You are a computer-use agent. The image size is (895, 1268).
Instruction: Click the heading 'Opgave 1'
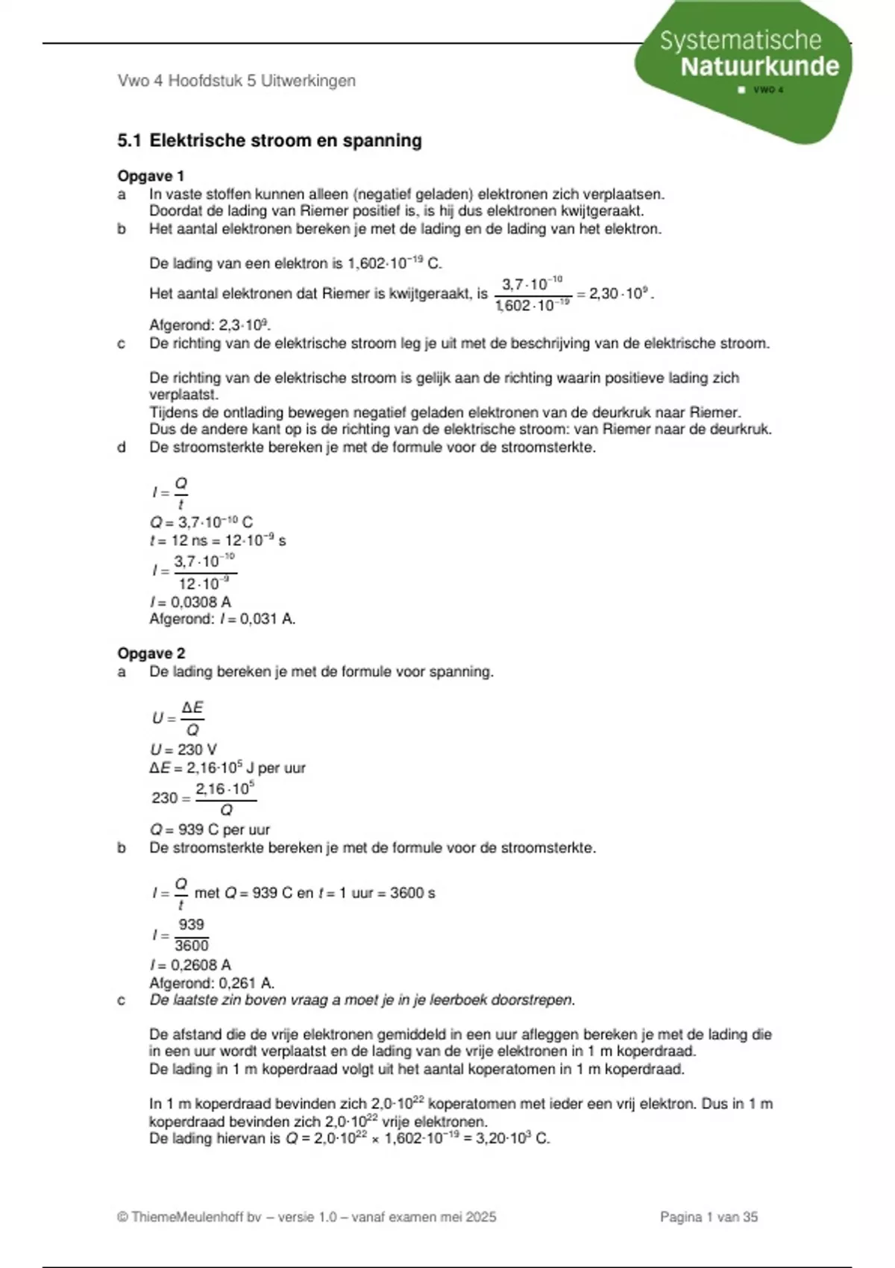click(x=151, y=176)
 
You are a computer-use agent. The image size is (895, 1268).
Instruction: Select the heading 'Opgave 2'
click(x=151, y=653)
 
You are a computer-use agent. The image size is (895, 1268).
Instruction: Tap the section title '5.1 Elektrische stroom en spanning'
click(x=269, y=140)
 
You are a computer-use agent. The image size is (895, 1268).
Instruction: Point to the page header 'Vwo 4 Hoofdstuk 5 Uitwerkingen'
click(x=236, y=81)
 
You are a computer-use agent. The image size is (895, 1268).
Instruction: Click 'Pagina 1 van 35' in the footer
click(x=709, y=1217)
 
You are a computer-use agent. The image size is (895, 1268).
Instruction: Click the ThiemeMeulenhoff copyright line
click(x=307, y=1217)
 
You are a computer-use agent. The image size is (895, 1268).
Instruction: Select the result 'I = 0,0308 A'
click(x=190, y=602)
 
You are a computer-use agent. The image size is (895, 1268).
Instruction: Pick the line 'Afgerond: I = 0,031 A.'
click(x=222, y=619)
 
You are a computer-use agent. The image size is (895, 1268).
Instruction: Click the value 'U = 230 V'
click(x=183, y=750)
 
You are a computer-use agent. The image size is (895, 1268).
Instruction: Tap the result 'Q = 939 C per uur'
click(x=210, y=829)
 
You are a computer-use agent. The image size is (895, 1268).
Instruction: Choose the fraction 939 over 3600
click(x=191, y=935)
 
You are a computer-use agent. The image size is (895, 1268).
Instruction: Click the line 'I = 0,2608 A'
click(x=190, y=965)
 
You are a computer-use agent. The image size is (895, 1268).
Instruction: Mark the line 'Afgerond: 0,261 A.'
click(x=212, y=983)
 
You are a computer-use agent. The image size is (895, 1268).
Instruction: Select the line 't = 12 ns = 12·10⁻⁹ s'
click(x=218, y=541)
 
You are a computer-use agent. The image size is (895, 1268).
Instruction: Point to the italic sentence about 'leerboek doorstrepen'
click(x=362, y=1000)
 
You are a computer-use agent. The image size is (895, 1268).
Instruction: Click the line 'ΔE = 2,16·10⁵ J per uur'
click(x=227, y=768)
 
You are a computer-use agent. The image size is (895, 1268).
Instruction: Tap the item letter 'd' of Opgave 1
click(x=122, y=448)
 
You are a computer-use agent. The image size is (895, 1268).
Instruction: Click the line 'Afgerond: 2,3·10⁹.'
click(x=210, y=325)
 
